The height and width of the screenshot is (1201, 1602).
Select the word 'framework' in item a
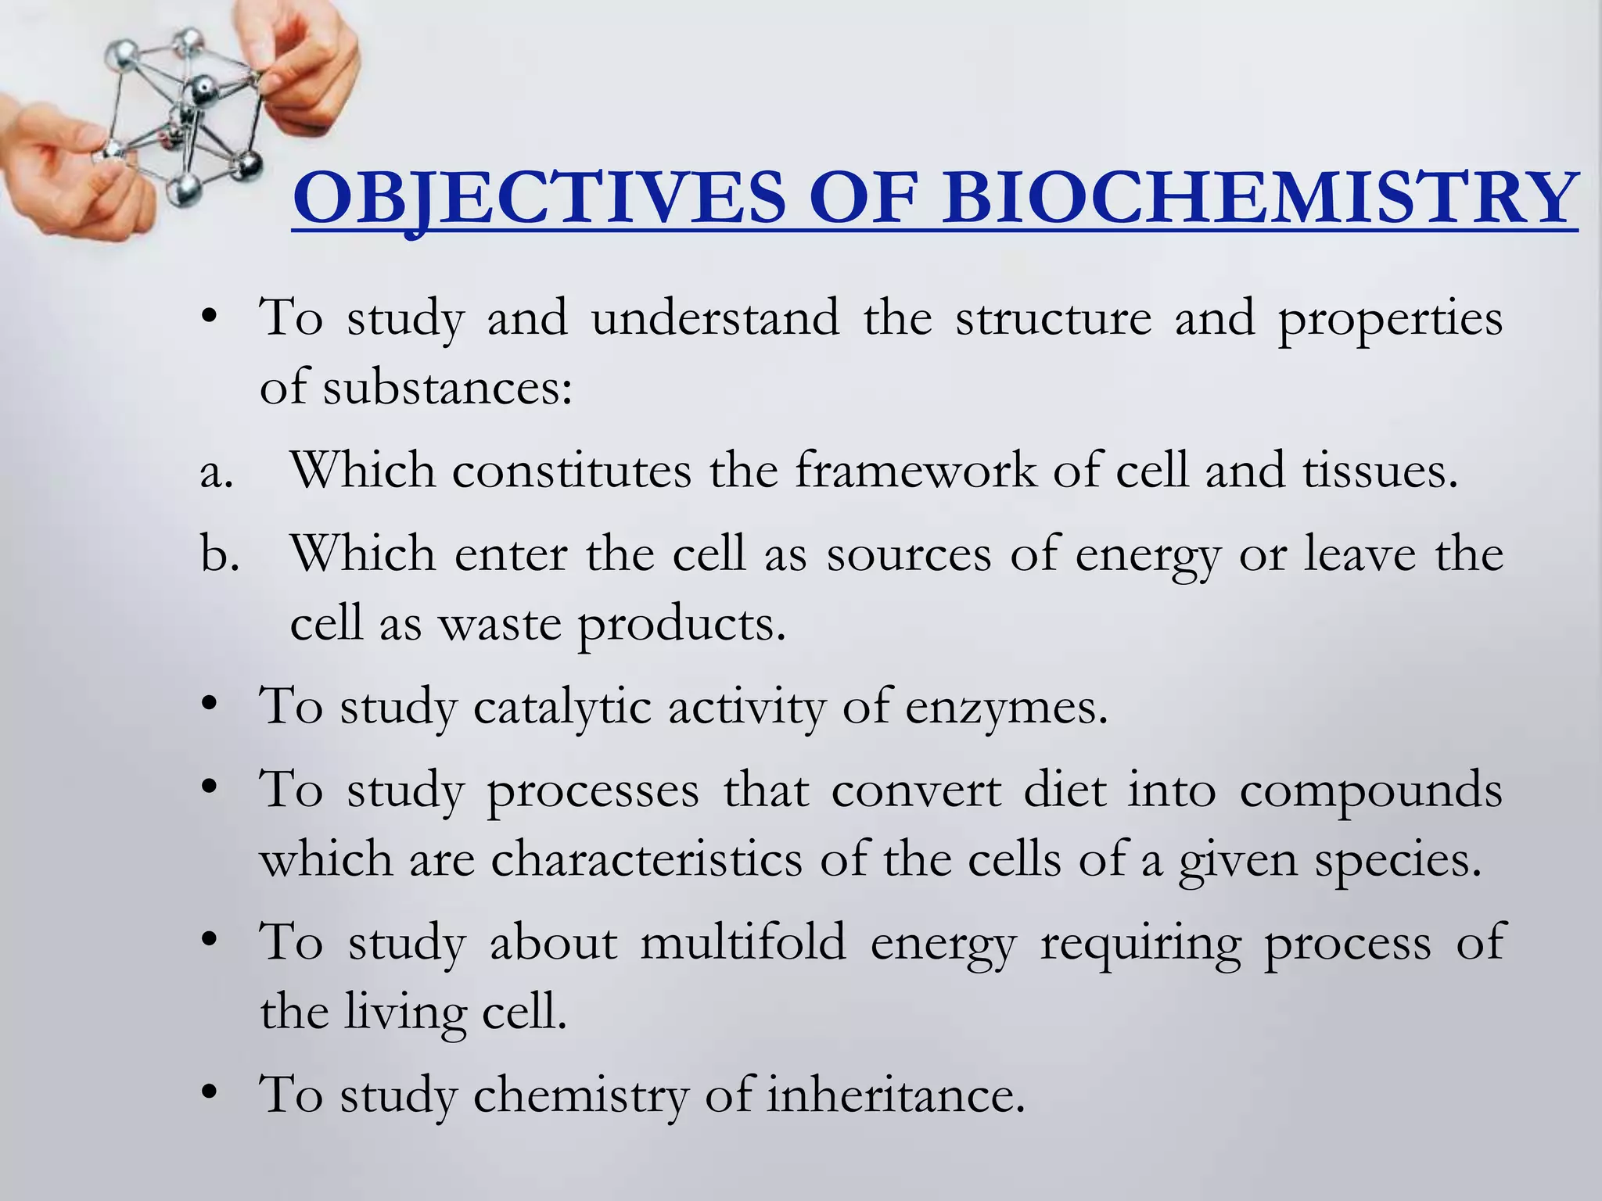pos(915,471)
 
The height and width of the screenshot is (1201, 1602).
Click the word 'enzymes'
pos(1006,708)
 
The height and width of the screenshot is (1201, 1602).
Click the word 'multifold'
pos(743,942)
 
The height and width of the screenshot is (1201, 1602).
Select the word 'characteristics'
pos(647,860)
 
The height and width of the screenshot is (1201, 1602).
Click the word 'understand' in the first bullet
pos(715,319)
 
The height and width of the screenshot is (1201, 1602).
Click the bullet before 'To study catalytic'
pos(208,707)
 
